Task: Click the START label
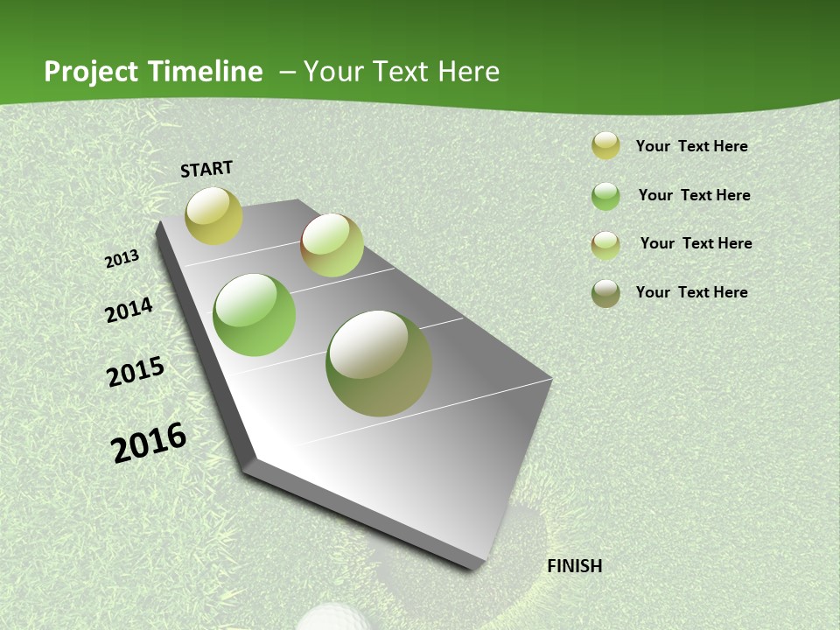tap(206, 169)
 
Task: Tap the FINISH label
tap(574, 566)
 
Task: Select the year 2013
tap(122, 258)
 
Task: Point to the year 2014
tap(129, 310)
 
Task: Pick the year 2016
tap(149, 443)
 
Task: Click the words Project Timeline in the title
tap(153, 72)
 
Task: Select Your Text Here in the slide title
tap(402, 72)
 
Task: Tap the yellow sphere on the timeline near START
tap(213, 216)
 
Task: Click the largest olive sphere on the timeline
tap(379, 363)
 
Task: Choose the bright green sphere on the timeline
tap(255, 315)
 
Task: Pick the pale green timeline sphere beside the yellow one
tap(332, 245)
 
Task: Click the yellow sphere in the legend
tap(605, 145)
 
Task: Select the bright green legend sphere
tap(605, 196)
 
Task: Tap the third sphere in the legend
tap(605, 245)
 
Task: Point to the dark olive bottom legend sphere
tap(605, 293)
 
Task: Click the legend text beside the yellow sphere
tap(691, 146)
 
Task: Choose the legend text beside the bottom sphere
tap(691, 292)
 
